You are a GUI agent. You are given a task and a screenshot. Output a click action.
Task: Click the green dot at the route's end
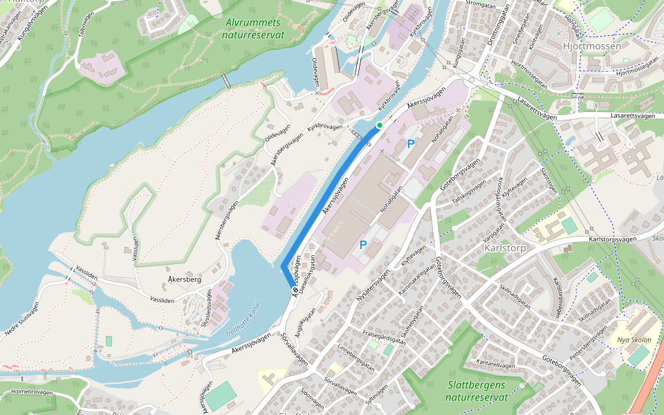379,125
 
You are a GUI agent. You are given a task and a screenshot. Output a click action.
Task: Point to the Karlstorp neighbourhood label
506,248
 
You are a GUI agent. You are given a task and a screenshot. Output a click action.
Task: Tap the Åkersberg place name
185,280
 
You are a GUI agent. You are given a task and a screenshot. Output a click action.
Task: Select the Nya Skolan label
634,340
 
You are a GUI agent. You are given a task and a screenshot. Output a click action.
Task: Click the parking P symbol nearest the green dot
411,144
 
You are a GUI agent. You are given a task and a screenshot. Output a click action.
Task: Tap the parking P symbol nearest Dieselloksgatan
362,244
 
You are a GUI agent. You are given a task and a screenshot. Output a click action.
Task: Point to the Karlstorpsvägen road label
611,239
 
